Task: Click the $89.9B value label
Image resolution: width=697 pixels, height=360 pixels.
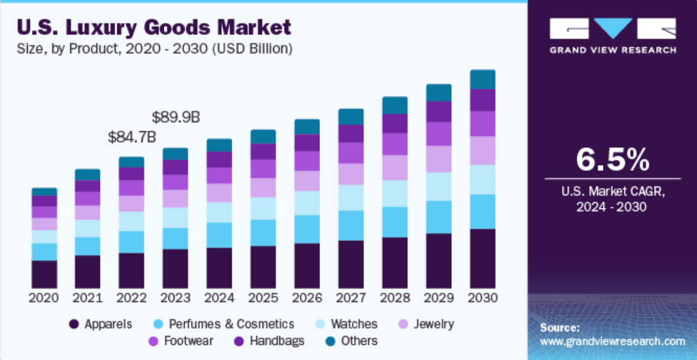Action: [x=176, y=116]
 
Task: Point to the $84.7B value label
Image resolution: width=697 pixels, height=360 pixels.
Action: [x=132, y=137]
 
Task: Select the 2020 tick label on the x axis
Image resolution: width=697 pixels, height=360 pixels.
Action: [x=44, y=298]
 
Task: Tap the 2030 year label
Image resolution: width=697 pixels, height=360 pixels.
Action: [x=483, y=298]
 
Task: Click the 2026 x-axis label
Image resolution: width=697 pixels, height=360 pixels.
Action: [x=307, y=298]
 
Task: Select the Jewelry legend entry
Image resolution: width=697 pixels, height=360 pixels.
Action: [x=428, y=324]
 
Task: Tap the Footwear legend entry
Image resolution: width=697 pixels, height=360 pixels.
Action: [x=182, y=340]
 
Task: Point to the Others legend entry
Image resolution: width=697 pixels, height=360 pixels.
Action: [x=353, y=340]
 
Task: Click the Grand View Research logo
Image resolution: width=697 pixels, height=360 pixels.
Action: [x=613, y=35]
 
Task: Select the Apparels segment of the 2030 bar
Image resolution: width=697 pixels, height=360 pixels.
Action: [x=483, y=259]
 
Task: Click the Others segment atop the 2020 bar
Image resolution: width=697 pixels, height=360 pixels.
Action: [x=44, y=192]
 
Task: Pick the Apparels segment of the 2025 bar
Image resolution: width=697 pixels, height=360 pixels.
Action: [x=263, y=267]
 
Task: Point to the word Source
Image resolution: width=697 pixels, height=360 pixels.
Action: [x=560, y=327]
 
